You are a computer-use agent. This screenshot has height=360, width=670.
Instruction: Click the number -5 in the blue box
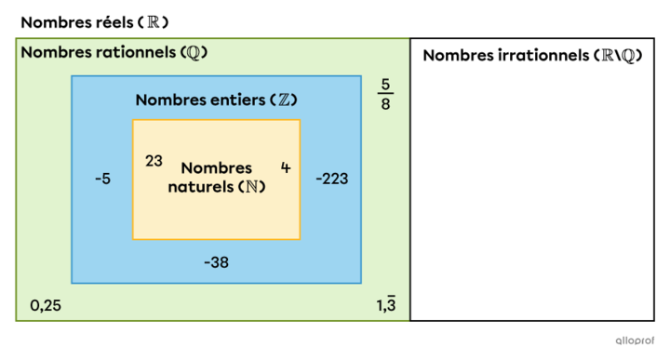coord(102,178)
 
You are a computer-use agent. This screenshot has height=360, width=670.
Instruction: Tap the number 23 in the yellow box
coord(154,160)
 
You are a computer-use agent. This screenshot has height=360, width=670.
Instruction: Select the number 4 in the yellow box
coord(285,167)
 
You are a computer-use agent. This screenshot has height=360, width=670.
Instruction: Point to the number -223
coord(331,178)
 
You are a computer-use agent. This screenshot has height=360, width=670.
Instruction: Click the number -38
coord(216,262)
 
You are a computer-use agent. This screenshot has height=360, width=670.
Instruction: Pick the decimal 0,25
coord(47,305)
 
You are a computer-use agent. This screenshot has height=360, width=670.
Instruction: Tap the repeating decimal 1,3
coord(385,304)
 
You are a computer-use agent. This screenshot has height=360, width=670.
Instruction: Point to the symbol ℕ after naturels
coord(251,185)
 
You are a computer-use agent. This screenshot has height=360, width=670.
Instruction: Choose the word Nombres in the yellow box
coord(216,167)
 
